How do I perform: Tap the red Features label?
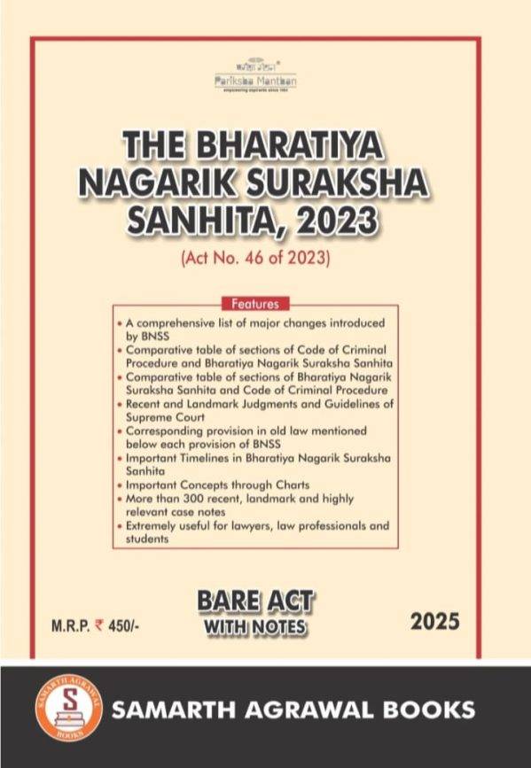pyautogui.click(x=255, y=302)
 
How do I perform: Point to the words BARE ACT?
pyautogui.click(x=255, y=602)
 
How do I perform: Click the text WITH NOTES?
pyautogui.click(x=255, y=627)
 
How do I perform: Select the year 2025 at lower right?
pyautogui.click(x=435, y=622)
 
